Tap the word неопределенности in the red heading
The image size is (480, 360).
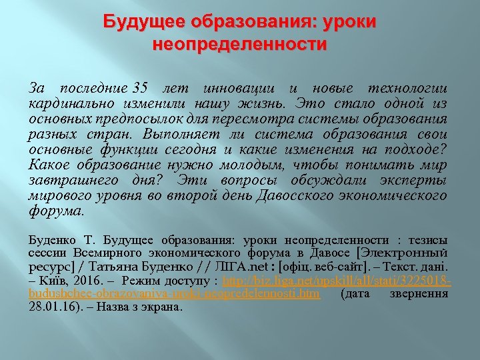[240, 45]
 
